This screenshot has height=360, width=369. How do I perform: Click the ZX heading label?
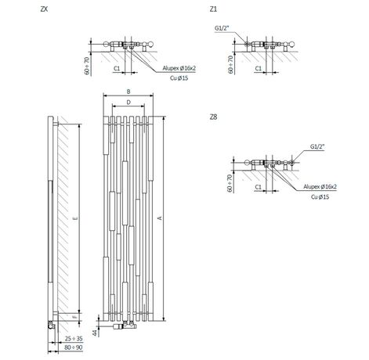(x=45, y=9)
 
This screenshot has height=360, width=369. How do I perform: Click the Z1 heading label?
(x=213, y=9)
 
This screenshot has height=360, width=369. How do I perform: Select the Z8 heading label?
(x=213, y=117)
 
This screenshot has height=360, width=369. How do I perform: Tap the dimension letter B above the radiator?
(x=128, y=92)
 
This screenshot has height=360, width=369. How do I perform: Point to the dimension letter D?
(x=128, y=103)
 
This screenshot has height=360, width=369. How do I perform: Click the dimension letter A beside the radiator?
(x=161, y=218)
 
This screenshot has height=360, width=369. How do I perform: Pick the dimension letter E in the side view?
(x=76, y=218)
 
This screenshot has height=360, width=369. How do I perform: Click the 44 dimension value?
(x=95, y=333)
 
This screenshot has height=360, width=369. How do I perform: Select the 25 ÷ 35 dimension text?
(x=74, y=339)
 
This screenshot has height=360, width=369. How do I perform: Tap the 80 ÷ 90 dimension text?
(x=74, y=347)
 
